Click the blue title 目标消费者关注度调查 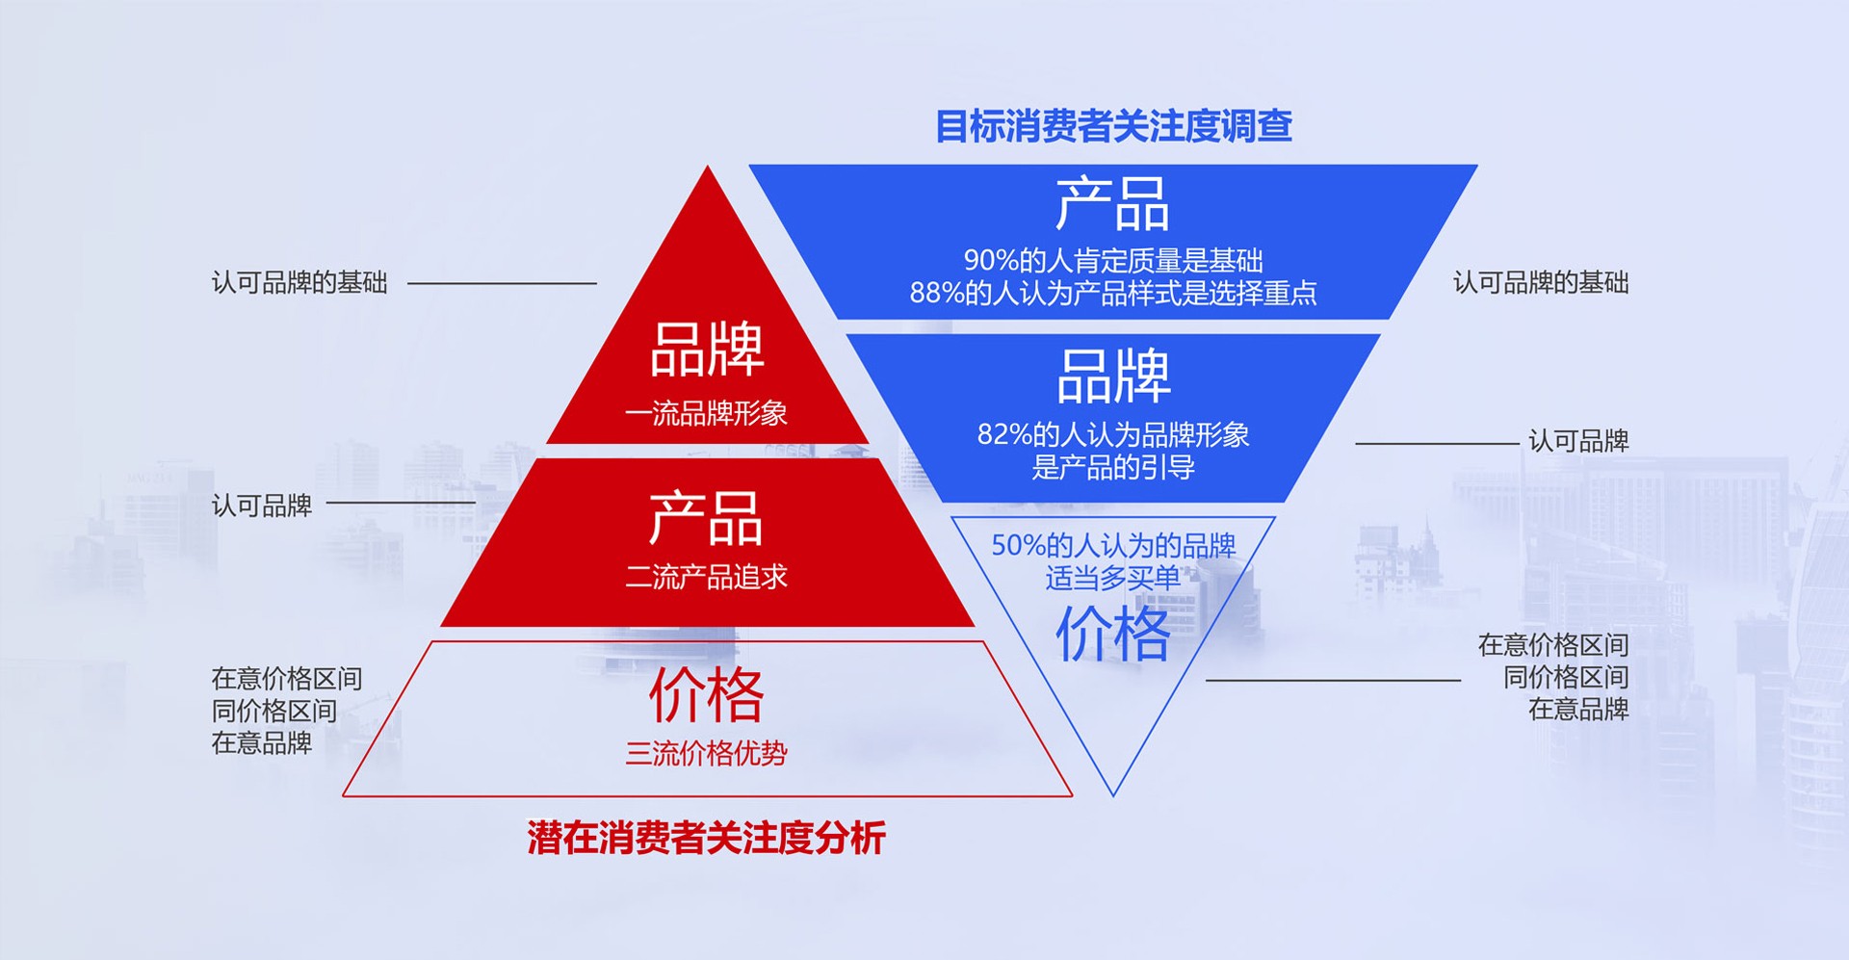pyautogui.click(x=1113, y=126)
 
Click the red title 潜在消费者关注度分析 pyautogui.click(x=706, y=838)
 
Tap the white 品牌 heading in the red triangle pyautogui.click(x=707, y=349)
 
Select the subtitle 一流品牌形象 pyautogui.click(x=706, y=414)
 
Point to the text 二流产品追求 pyautogui.click(x=706, y=577)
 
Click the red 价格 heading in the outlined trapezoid pyautogui.click(x=706, y=694)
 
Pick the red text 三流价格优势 pyautogui.click(x=706, y=753)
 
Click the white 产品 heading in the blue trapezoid pyautogui.click(x=1112, y=204)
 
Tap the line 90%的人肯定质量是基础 pyautogui.click(x=1113, y=260)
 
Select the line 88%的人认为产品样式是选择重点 pyautogui.click(x=1113, y=293)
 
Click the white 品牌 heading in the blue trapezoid pyautogui.click(x=1113, y=376)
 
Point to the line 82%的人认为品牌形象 pyautogui.click(x=1113, y=434)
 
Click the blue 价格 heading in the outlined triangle pyautogui.click(x=1113, y=635)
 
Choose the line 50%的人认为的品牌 pyautogui.click(x=1113, y=546)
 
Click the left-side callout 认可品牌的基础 pyautogui.click(x=299, y=282)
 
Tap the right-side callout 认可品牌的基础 pyautogui.click(x=1541, y=282)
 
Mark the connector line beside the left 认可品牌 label pyautogui.click(x=402, y=503)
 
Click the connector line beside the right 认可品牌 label pyautogui.click(x=1437, y=444)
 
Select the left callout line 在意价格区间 pyautogui.click(x=287, y=679)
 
